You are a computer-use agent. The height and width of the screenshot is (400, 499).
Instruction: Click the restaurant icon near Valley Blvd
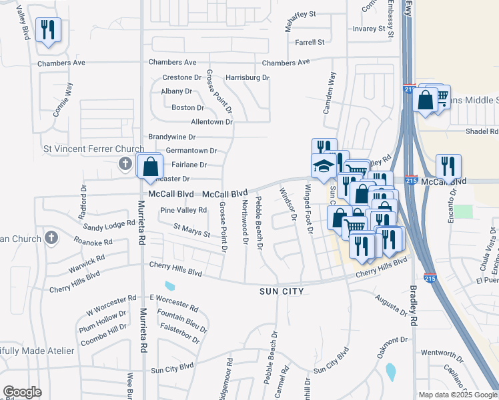click(x=48, y=30)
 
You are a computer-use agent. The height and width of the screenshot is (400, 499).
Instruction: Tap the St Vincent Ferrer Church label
click(x=94, y=149)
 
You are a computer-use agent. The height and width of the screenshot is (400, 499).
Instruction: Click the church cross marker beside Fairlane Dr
click(x=125, y=163)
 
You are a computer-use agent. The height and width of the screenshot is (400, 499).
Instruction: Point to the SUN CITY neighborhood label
click(x=282, y=291)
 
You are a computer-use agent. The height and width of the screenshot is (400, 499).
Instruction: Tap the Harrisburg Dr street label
click(x=247, y=77)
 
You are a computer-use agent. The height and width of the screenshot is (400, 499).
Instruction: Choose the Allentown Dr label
click(x=211, y=122)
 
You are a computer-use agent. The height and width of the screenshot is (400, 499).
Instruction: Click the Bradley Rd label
click(x=414, y=306)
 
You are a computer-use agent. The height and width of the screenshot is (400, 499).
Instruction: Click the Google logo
click(x=21, y=392)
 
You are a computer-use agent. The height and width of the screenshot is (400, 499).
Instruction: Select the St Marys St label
click(x=191, y=231)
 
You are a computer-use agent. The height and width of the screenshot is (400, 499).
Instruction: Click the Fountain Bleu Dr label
click(x=182, y=321)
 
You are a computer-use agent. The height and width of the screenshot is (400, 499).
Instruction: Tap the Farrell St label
click(x=310, y=42)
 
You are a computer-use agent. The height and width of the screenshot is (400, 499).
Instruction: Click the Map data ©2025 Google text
click(x=458, y=395)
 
